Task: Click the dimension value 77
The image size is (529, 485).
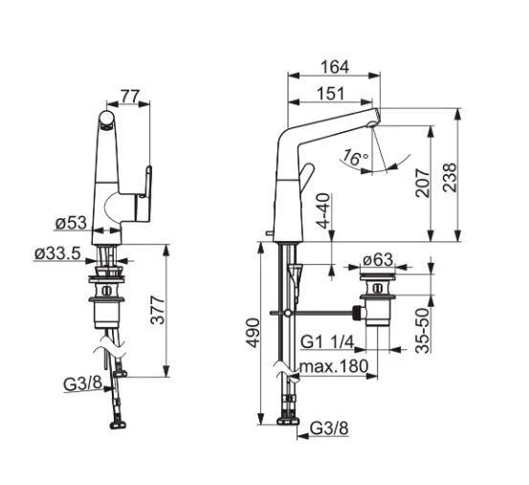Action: [x=131, y=96]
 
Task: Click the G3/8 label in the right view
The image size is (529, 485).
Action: [x=326, y=430]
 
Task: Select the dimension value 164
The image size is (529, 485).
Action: [x=335, y=67]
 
